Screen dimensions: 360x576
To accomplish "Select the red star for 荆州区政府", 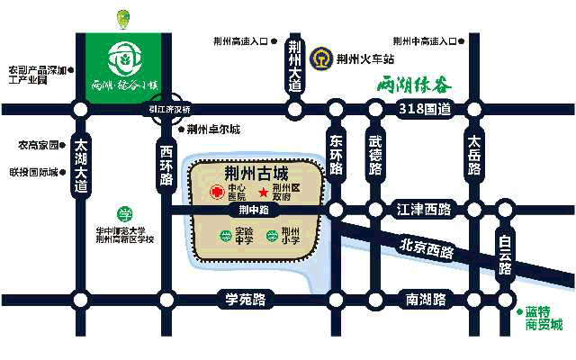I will (x=263, y=193).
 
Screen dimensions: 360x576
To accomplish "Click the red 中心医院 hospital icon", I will (x=216, y=193).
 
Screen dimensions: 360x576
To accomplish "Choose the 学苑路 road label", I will (x=245, y=299).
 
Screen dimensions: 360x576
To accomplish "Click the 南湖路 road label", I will (x=427, y=299).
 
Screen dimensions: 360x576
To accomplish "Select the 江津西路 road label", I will (x=423, y=210).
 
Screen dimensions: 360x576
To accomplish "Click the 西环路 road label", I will (x=166, y=162).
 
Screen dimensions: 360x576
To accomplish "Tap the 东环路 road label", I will (x=337, y=158).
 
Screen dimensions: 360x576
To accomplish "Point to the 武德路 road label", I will (x=375, y=158).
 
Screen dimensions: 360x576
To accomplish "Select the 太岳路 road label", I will (x=474, y=158).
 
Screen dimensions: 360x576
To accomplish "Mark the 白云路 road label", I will (x=506, y=256).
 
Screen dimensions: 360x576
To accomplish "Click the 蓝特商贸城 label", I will (x=544, y=318).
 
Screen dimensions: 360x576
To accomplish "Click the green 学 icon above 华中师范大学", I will (x=126, y=214).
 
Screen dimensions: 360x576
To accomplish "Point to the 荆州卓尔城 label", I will (x=213, y=129).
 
